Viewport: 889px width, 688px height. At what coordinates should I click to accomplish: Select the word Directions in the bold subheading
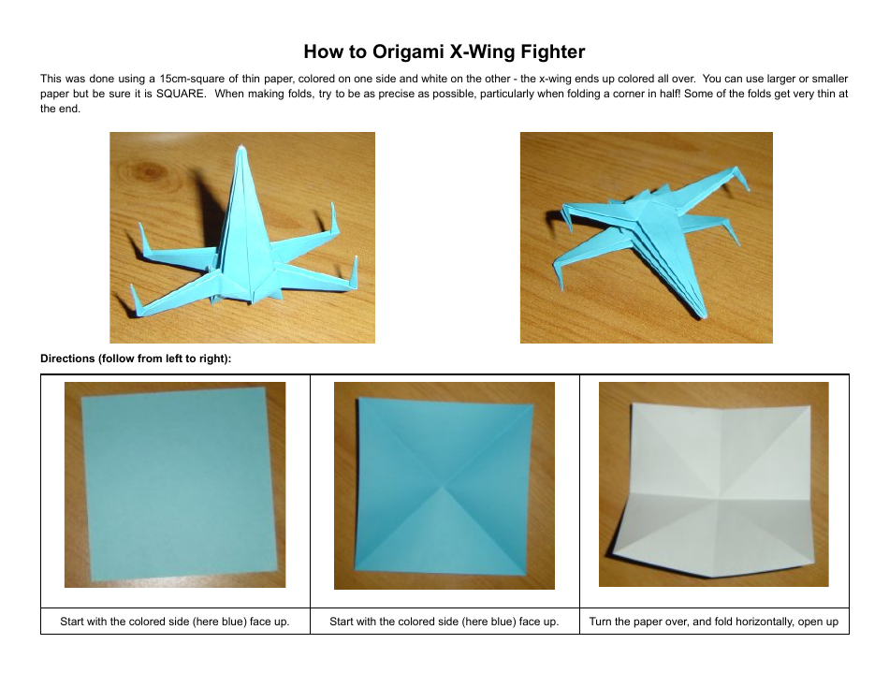coord(68,359)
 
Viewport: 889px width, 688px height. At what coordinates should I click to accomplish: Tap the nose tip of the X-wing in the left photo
coord(241,149)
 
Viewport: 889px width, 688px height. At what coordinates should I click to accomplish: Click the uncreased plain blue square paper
coord(175,485)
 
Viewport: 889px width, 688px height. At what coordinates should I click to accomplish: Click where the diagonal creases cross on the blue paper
coord(445,485)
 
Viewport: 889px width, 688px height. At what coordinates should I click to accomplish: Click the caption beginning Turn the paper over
coord(713,622)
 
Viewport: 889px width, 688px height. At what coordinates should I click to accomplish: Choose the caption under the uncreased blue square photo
coord(175,622)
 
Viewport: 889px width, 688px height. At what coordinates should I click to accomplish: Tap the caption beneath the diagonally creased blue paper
coord(444,622)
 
